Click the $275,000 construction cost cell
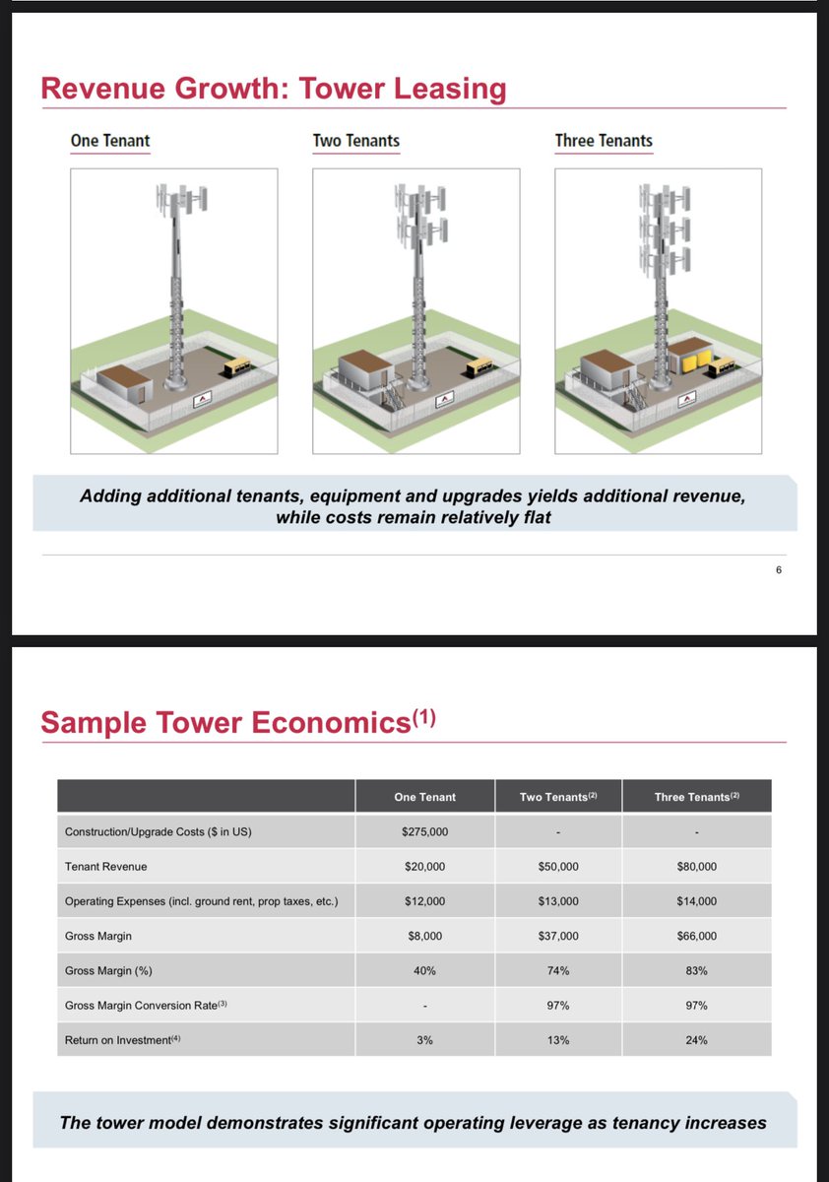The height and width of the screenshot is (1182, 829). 424,832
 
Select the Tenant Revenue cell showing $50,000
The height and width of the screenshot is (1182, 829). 558,867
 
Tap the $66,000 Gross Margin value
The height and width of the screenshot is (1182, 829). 696,936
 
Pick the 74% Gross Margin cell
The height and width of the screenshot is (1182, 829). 558,971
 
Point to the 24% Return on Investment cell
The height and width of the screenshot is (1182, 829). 696,1040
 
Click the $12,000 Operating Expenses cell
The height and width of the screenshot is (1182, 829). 424,901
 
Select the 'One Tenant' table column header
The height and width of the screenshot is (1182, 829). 424,797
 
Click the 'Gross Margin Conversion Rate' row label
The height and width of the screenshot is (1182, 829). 146,1006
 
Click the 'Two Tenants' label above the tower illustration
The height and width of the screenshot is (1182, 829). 356,141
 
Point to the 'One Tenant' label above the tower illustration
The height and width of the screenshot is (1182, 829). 110,141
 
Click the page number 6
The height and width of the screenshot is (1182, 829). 778,568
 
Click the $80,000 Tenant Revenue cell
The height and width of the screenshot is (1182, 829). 696,867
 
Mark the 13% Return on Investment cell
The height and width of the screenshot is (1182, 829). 558,1040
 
